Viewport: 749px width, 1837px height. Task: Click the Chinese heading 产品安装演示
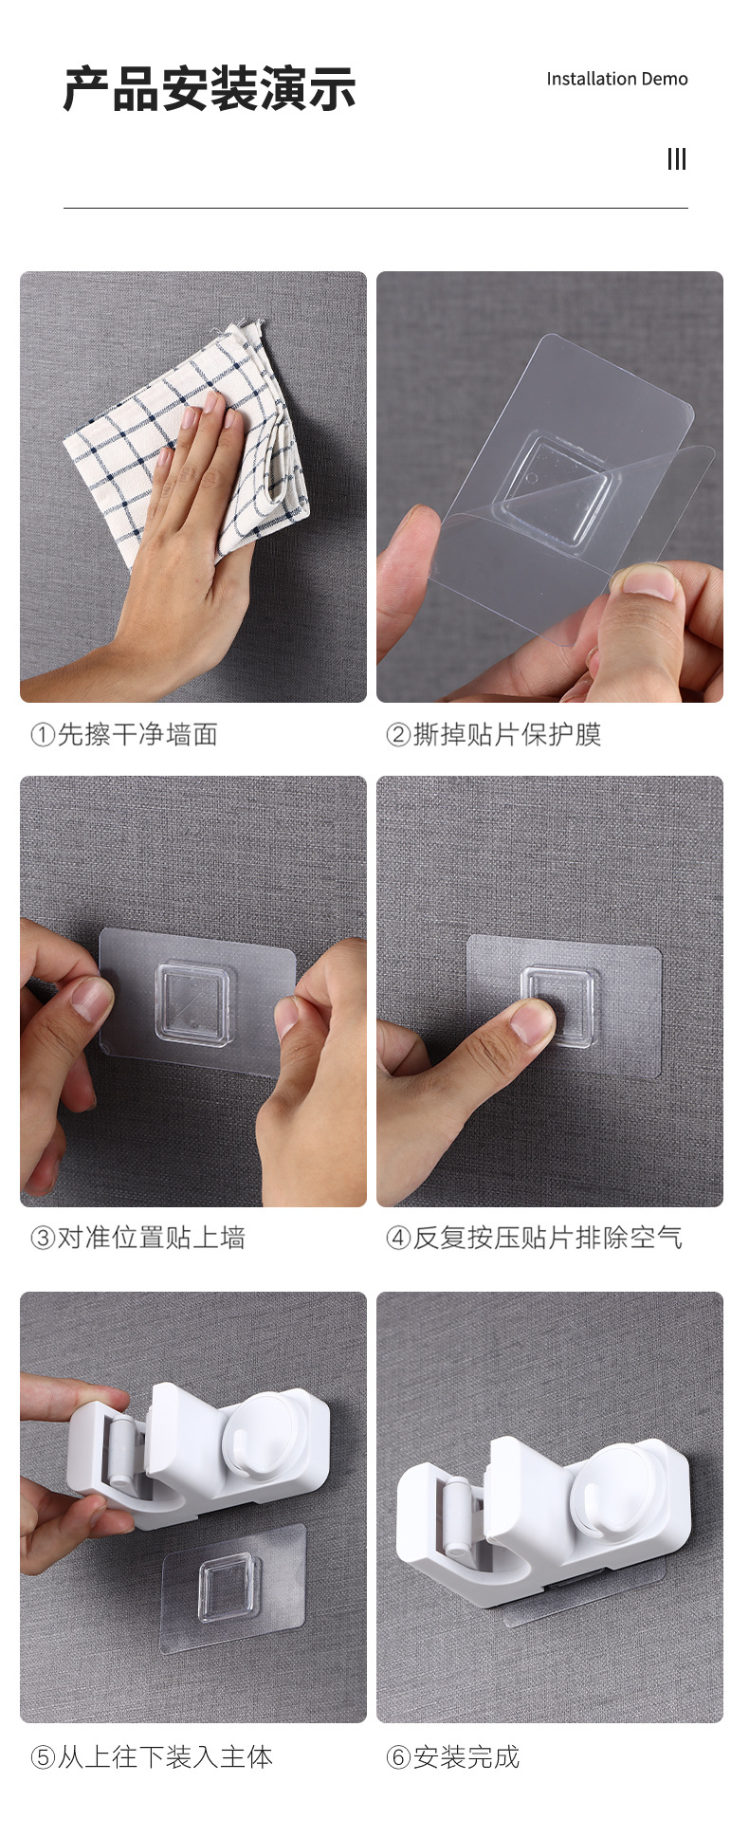[210, 89]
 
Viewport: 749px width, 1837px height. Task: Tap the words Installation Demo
[617, 79]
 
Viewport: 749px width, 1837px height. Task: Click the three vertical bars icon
[677, 158]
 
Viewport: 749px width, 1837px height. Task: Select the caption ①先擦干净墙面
[124, 734]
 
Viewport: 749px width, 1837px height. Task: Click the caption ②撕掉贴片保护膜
[493, 734]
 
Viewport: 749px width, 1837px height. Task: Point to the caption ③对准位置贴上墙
[138, 1238]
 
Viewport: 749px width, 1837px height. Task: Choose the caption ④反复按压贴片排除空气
[534, 1238]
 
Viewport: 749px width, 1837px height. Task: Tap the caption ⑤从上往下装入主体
[152, 1757]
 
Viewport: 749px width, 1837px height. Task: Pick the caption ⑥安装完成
[452, 1757]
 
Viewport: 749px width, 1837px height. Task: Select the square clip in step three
[193, 1004]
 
